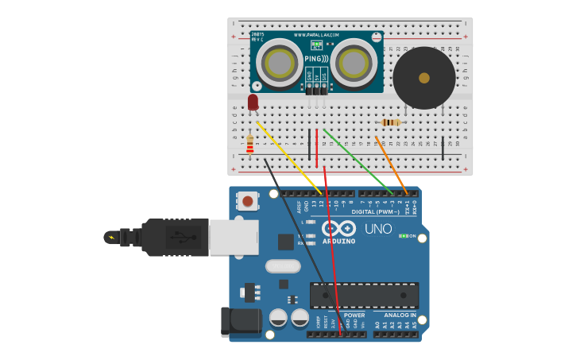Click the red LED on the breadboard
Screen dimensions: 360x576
[253, 102]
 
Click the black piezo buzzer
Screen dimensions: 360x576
[424, 78]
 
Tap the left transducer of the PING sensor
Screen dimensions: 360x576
[280, 62]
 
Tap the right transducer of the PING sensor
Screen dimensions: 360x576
[354, 62]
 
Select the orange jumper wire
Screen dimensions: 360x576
[391, 164]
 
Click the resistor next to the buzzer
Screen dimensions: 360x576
[391, 122]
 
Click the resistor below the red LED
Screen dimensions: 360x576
[250, 144]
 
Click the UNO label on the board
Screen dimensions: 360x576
[378, 229]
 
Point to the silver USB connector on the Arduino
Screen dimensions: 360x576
[234, 237]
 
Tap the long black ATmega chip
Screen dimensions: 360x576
[364, 295]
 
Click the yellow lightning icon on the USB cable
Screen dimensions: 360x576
[110, 237]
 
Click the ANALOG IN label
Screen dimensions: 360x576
[395, 315]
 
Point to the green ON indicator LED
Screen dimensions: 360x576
[404, 236]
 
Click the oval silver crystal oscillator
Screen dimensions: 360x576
[283, 266]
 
